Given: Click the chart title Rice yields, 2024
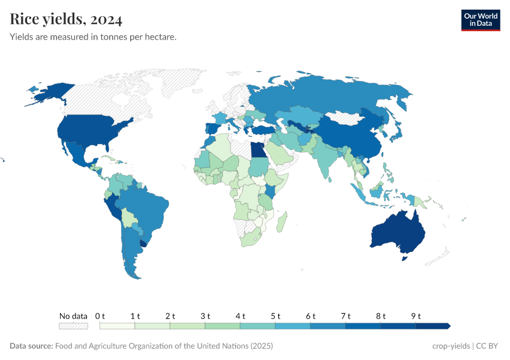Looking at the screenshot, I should [x=66, y=20].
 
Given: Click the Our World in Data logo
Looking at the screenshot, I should [x=480, y=20].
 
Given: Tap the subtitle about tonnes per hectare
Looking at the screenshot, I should [x=92, y=37].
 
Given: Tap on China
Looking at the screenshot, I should [x=348, y=135].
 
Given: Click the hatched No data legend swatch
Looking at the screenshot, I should [x=73, y=326].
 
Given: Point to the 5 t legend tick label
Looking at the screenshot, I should [x=276, y=316].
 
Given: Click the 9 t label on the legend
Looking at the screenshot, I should [x=416, y=316].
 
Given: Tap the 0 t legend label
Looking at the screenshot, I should [x=100, y=316].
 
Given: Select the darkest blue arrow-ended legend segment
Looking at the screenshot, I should [x=432, y=326].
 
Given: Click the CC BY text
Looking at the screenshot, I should [x=488, y=346].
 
